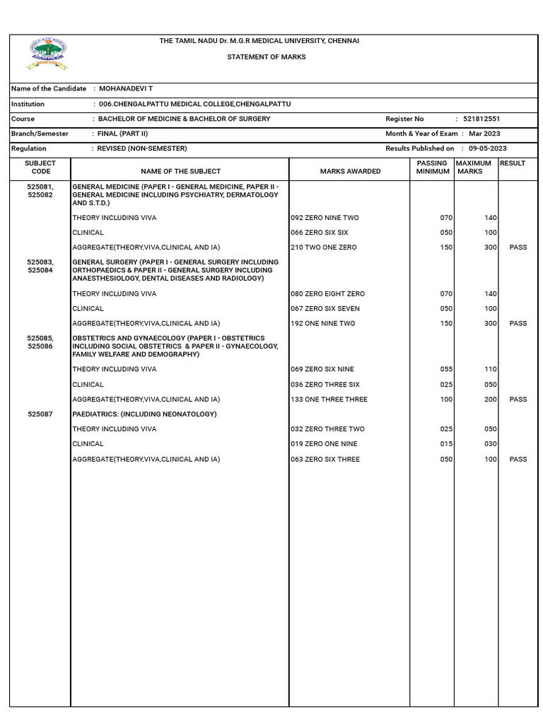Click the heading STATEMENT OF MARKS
pos(266,57)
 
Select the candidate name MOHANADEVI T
pos(125,88)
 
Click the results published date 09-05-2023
pos(487,148)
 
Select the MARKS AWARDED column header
pos(350,171)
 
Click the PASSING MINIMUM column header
pos(432,167)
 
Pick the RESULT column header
pos(513,163)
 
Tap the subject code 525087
pos(40,414)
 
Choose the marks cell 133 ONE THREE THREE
pos(329,399)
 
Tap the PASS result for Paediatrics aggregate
pos(518,460)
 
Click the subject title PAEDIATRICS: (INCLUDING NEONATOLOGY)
pos(144,414)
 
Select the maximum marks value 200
pos(490,399)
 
